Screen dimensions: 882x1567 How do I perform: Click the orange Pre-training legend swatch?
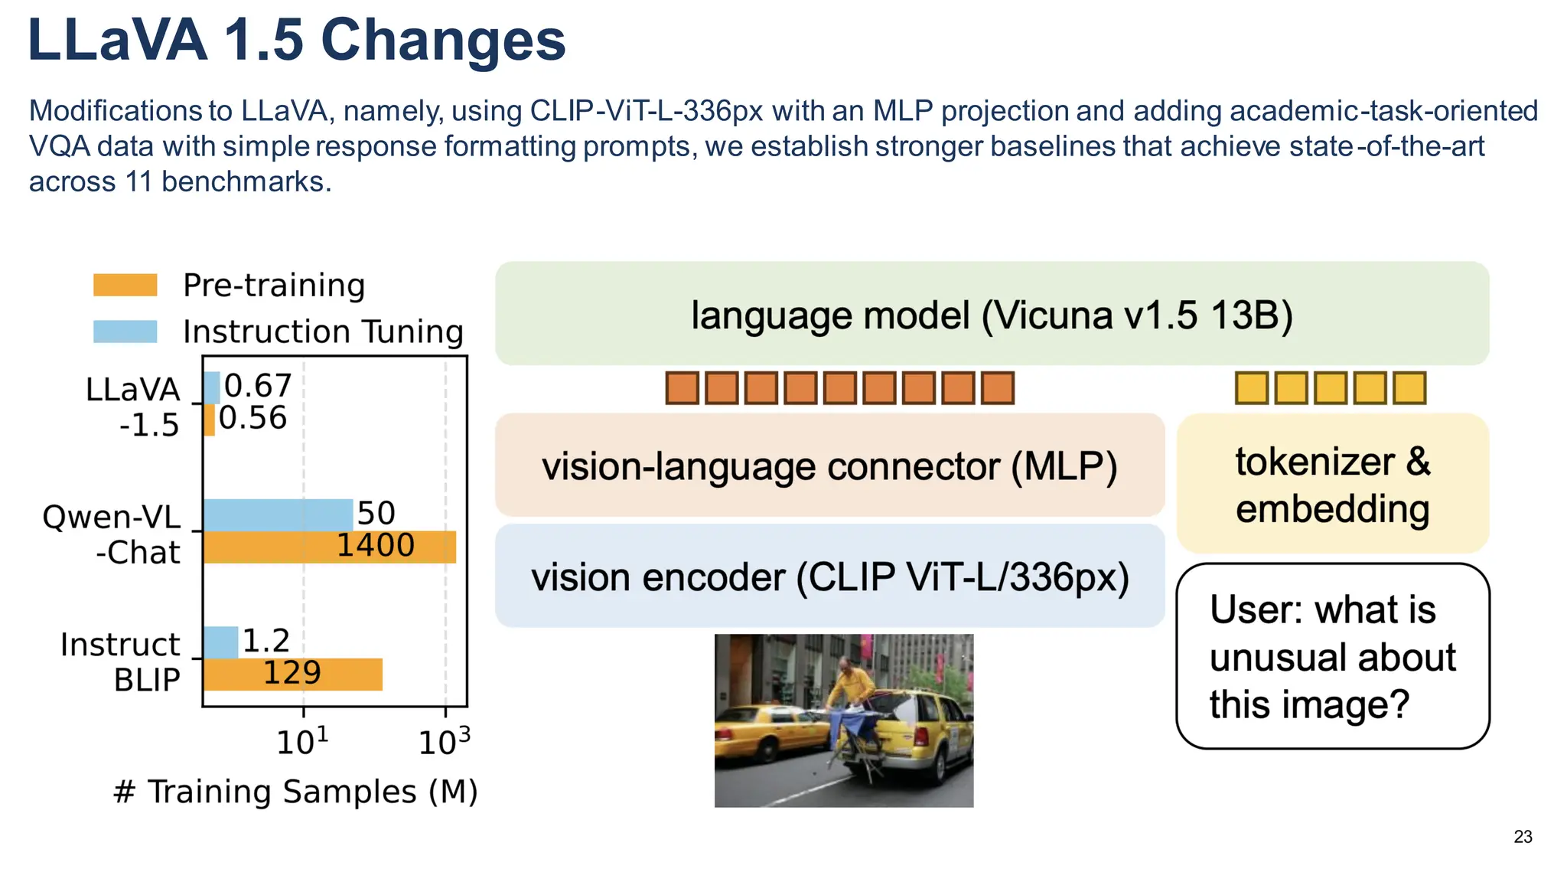(125, 285)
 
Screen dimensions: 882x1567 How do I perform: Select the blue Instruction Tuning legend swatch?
(125, 332)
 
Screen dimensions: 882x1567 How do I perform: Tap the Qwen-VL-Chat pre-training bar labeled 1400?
(329, 547)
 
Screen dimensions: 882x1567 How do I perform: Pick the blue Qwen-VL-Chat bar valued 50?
(278, 514)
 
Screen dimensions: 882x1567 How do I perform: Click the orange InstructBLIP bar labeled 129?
(292, 675)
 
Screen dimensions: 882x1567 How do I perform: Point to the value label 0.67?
(258, 386)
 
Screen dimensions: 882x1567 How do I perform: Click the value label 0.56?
(252, 418)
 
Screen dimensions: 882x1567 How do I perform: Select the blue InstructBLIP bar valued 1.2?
(221, 642)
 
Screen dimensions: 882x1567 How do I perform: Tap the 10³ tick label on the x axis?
(444, 742)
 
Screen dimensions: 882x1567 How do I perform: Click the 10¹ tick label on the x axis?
(302, 742)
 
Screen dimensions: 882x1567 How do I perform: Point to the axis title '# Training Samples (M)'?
(295, 792)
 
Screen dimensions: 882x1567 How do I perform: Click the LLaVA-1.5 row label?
(132, 407)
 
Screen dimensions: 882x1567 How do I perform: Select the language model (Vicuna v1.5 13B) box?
(992, 314)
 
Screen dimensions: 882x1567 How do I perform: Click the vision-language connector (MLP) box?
(829, 465)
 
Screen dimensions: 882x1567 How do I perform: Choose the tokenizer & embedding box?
(1332, 484)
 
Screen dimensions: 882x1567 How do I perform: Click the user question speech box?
(1332, 656)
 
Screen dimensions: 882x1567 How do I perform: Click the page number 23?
(1523, 837)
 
